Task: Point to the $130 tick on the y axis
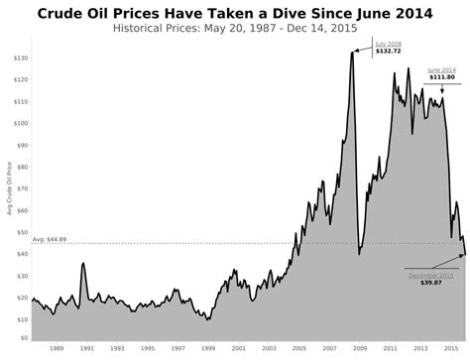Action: [19, 59]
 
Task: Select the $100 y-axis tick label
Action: [19, 124]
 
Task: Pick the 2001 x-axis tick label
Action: [238, 348]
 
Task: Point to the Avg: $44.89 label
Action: [50, 239]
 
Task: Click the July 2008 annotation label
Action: [389, 44]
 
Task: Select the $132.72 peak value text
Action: [389, 51]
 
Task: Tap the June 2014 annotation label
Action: [442, 69]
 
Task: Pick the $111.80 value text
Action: [442, 77]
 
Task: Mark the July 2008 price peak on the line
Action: [352, 53]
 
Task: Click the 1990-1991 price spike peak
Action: [83, 263]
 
